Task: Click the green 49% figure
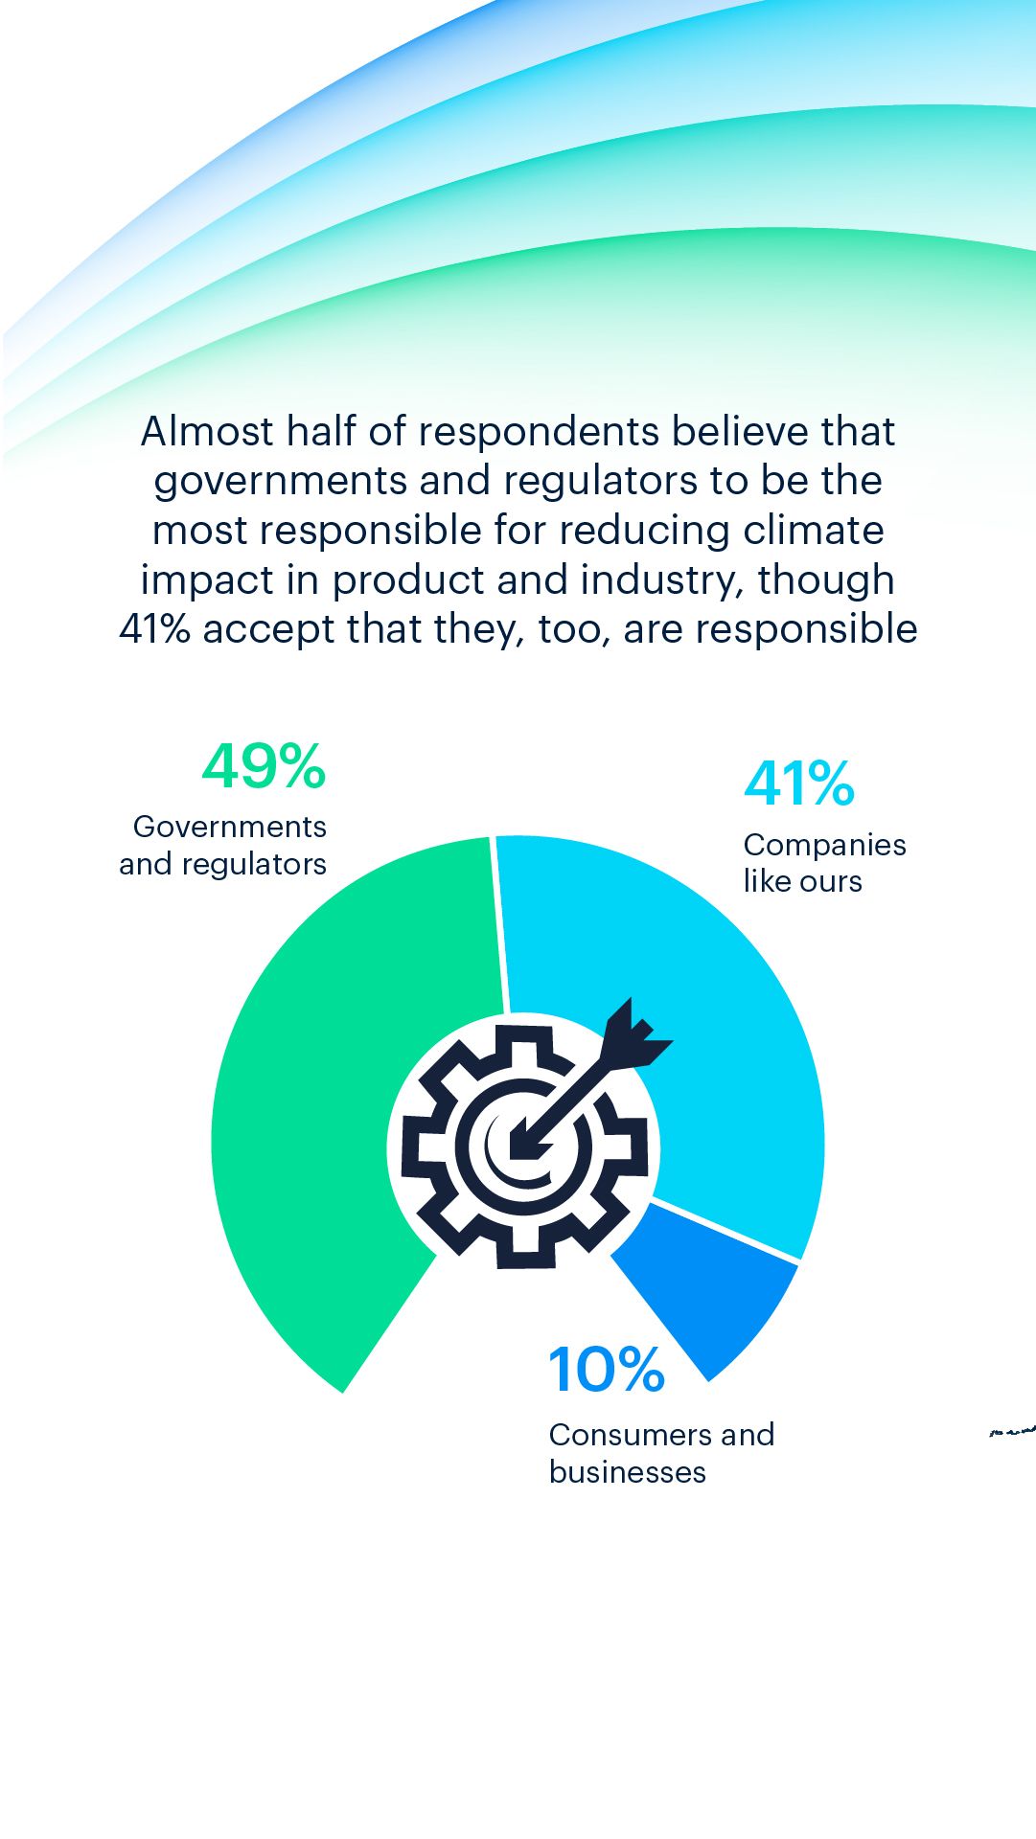point(264,766)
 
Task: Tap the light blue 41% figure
point(798,783)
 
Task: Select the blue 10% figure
point(607,1370)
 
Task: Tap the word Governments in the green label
point(230,827)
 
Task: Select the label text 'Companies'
point(824,845)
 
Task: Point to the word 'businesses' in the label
point(627,1472)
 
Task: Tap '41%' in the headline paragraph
point(154,629)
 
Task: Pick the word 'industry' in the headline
point(660,580)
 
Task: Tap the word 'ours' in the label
point(833,882)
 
